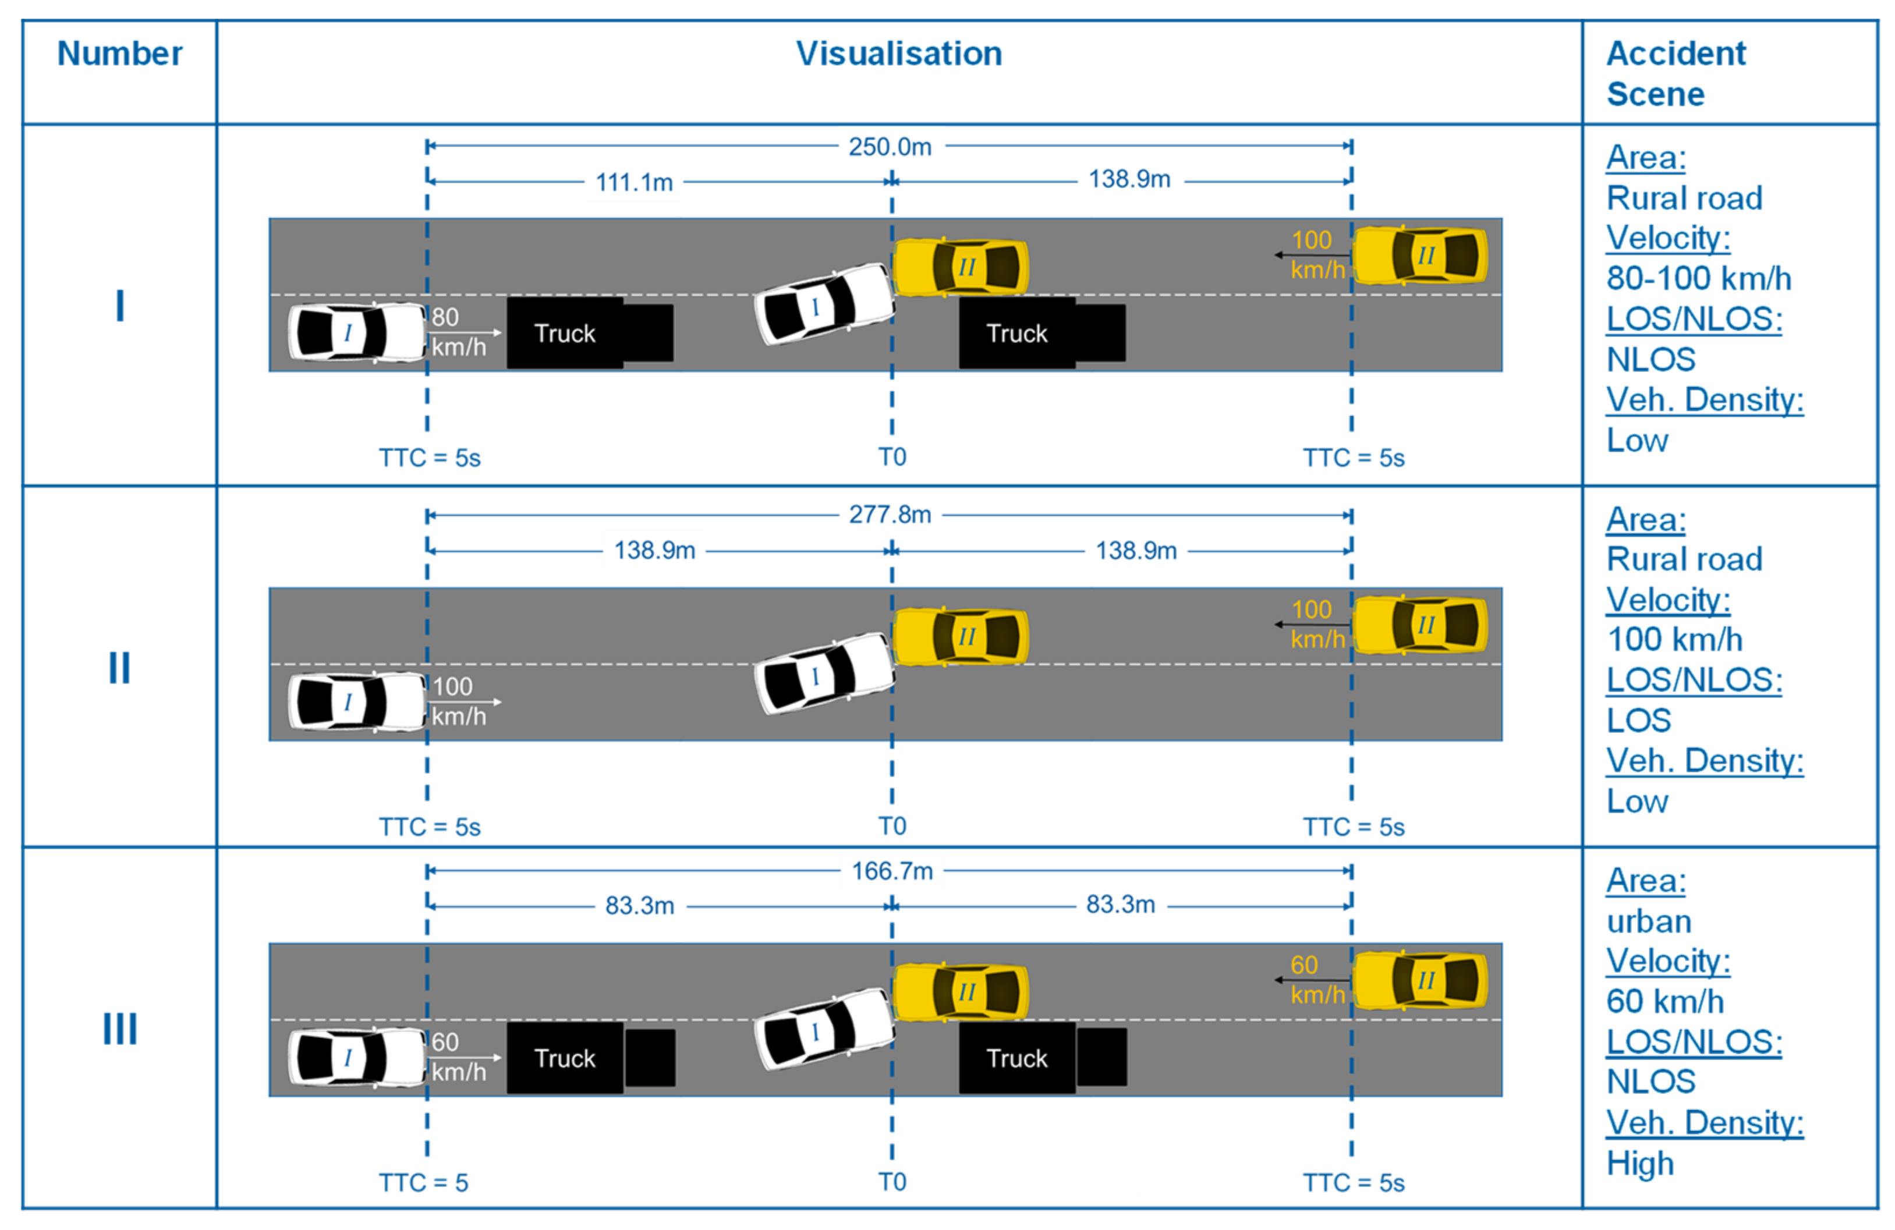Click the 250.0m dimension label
pos(890,147)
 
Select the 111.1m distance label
pos(635,182)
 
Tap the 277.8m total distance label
pos(890,515)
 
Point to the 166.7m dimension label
pos(892,871)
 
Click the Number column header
pos(119,54)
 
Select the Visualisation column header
pos(899,54)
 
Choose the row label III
pos(119,1029)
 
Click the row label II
pos(119,668)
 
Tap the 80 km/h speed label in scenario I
pos(458,332)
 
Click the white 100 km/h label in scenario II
pos(458,701)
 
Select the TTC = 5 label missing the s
pos(423,1183)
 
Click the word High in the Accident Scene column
pos(1639,1163)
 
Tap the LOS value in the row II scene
pos(1638,721)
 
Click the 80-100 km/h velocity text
pos(1698,279)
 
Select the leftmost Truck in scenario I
pos(565,334)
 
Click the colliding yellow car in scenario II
pos(960,637)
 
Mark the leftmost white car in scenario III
pos(356,1057)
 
